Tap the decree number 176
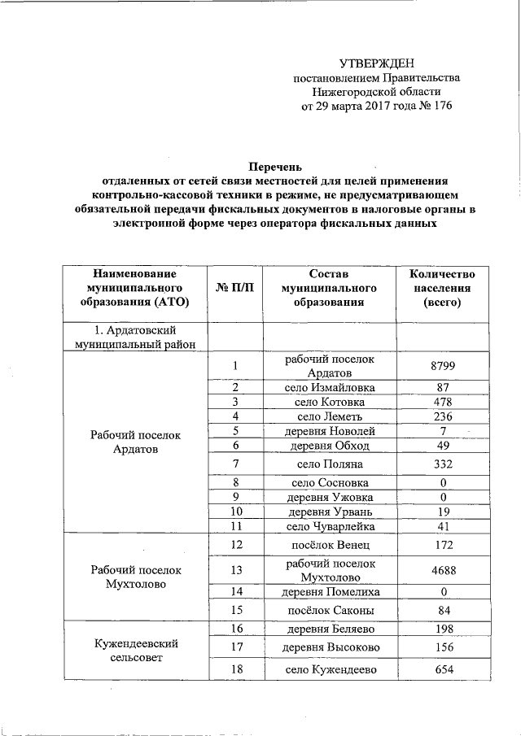(x=438, y=106)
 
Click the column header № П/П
(x=235, y=288)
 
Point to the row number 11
(x=235, y=526)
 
